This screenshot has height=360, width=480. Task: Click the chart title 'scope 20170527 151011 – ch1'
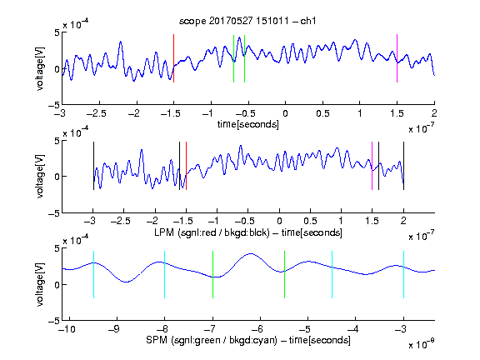pyautogui.click(x=247, y=21)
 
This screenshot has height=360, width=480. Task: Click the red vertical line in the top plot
pyautogui.click(x=174, y=58)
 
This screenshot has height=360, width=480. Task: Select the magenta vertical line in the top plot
pyautogui.click(x=397, y=58)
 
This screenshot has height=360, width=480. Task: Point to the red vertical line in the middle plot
pyautogui.click(x=186, y=166)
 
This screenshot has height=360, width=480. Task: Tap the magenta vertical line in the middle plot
pyautogui.click(x=372, y=166)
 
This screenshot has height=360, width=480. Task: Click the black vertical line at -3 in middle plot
pyautogui.click(x=93, y=166)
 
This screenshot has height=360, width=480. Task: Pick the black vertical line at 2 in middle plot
pyautogui.click(x=403, y=166)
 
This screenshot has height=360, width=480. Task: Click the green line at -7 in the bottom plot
pyautogui.click(x=212, y=274)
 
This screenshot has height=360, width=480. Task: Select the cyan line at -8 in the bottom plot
pyautogui.click(x=165, y=274)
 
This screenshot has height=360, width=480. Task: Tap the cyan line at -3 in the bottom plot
pyautogui.click(x=403, y=274)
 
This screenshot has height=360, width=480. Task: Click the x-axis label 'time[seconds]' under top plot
pyautogui.click(x=248, y=124)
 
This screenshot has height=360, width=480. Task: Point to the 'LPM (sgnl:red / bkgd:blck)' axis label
pyautogui.click(x=212, y=232)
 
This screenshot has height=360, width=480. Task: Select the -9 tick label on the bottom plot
pyautogui.click(x=113, y=329)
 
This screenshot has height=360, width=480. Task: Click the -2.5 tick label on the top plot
pyautogui.click(x=96, y=113)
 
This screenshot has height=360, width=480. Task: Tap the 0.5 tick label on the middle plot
pyautogui.click(x=310, y=221)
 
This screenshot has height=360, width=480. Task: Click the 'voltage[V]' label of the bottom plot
pyautogui.click(x=40, y=284)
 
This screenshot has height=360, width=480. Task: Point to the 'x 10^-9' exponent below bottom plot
pyautogui.click(x=421, y=343)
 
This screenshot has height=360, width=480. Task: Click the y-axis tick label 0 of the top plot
pyautogui.click(x=57, y=69)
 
